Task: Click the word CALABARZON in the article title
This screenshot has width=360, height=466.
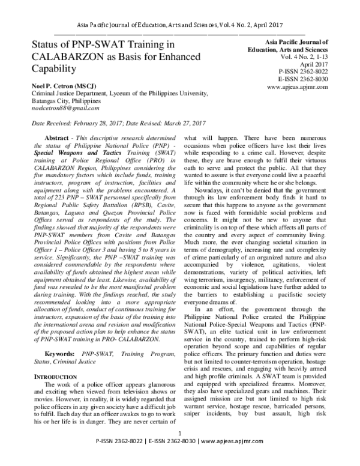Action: tap(56, 59)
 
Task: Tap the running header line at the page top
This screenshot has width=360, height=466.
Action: tap(180, 22)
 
